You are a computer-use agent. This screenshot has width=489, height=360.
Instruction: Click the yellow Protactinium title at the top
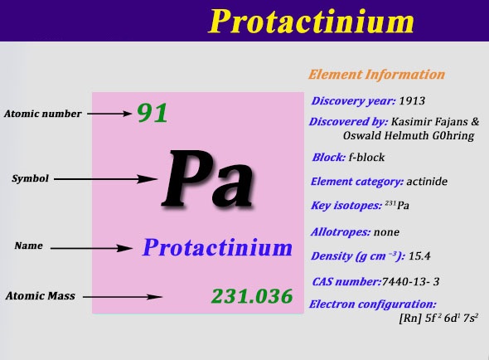click(x=311, y=22)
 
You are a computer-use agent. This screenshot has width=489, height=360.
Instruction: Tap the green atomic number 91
click(x=153, y=113)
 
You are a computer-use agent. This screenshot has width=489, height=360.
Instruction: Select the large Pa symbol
click(x=207, y=179)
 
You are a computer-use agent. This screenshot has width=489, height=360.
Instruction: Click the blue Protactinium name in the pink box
click(x=217, y=247)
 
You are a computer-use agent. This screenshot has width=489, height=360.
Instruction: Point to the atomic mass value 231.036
click(x=252, y=296)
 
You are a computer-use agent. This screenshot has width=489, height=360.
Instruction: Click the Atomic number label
click(x=43, y=114)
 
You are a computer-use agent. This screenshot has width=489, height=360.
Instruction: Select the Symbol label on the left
click(x=30, y=178)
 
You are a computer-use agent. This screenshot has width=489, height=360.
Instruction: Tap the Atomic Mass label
click(x=41, y=295)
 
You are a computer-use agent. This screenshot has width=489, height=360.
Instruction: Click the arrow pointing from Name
click(x=92, y=248)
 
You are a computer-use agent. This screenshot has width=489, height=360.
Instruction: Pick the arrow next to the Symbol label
click(x=105, y=179)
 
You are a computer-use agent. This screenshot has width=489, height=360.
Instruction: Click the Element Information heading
click(x=376, y=75)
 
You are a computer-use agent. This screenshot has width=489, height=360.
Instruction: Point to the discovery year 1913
click(x=412, y=101)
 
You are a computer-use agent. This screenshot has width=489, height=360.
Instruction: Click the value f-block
click(x=366, y=157)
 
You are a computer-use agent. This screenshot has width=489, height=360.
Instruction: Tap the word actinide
click(x=427, y=182)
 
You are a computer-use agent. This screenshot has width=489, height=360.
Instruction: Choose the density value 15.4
click(x=419, y=256)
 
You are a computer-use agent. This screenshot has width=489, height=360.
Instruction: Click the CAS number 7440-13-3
click(x=410, y=282)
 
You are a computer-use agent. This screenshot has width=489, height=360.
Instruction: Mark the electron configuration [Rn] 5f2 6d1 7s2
click(x=438, y=319)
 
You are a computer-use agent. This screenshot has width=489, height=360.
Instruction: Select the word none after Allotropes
click(x=386, y=232)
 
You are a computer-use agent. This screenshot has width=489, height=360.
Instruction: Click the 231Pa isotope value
click(x=397, y=205)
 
